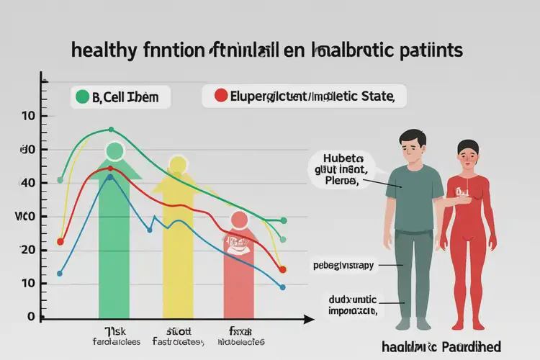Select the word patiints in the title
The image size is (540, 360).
[x=424, y=51]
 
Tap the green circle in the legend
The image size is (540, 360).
[x=81, y=96]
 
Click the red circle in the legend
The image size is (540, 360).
[x=221, y=95]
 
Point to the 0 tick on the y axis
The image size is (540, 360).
[x=30, y=317]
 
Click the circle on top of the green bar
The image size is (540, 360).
[x=114, y=151]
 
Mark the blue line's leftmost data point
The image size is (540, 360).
[x=60, y=274]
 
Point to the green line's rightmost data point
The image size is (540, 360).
[x=283, y=220]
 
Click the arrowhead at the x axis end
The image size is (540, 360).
[x=309, y=318]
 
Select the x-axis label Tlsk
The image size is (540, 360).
[x=113, y=331]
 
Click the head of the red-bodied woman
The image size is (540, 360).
[x=468, y=157]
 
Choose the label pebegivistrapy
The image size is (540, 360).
[x=343, y=266]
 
